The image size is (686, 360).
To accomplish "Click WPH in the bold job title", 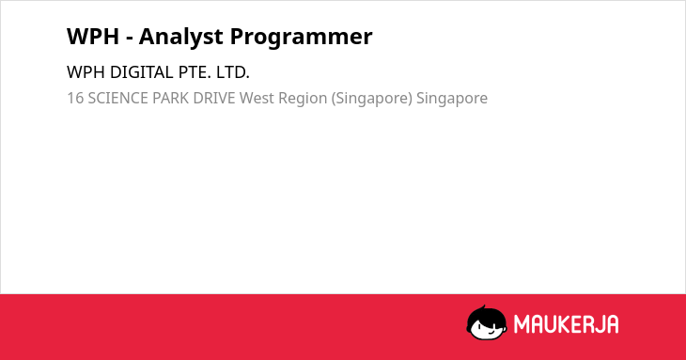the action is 93,37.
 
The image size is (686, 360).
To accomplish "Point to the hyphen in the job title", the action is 129,39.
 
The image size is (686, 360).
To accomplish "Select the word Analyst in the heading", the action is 181,38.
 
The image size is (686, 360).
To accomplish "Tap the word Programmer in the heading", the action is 301,38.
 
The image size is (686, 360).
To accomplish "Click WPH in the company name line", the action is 86,72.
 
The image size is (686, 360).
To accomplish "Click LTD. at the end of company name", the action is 233,72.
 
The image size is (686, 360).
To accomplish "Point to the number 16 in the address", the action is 75,98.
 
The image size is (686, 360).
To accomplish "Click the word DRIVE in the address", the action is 214,98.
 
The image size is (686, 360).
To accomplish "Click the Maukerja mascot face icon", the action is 487,322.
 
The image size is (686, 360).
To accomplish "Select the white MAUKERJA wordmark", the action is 566,324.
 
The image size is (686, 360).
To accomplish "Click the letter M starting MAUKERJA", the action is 522,324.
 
